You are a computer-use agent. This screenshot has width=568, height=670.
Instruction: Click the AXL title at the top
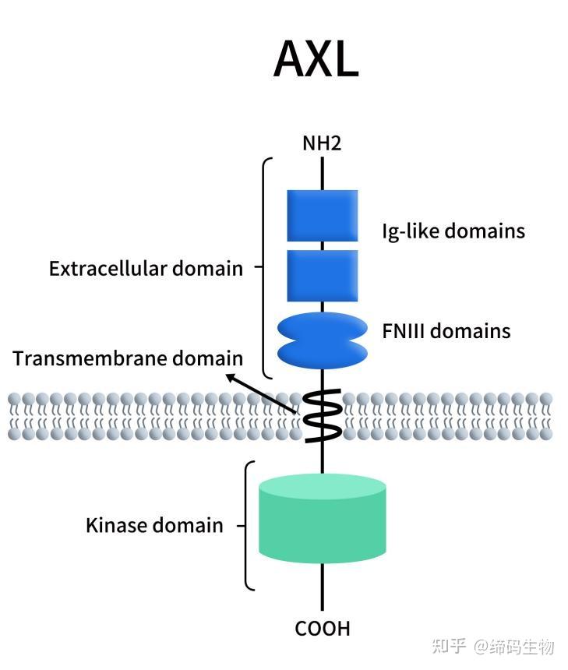316,59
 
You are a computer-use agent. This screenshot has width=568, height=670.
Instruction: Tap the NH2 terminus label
322,143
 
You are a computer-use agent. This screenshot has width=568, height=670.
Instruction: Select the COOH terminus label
322,628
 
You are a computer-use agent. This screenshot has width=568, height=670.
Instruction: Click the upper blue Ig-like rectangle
322,215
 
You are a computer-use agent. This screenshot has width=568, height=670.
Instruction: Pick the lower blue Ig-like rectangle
322,275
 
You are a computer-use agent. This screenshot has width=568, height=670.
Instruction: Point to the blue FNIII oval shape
322,340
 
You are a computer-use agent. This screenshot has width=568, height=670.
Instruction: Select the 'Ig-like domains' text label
453,231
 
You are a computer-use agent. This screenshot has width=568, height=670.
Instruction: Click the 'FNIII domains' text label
446,331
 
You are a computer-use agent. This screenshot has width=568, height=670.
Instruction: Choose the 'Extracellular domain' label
146,269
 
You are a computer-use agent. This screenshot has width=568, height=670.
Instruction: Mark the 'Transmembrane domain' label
128,358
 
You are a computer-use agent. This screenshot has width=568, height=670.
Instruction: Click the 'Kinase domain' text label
154,526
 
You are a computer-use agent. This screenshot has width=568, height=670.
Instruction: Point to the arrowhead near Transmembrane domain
231,378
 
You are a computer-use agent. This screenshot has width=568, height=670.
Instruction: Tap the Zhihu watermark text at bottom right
492,646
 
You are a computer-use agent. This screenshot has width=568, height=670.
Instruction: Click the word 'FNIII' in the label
404,331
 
